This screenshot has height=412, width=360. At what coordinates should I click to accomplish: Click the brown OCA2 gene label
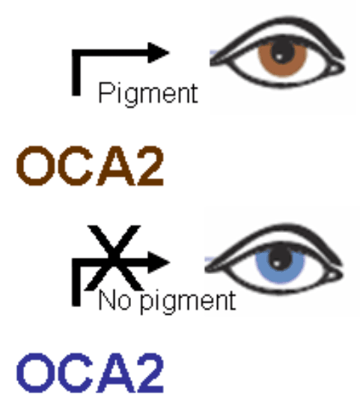(x=90, y=166)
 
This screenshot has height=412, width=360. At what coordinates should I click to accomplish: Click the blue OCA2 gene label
(x=90, y=373)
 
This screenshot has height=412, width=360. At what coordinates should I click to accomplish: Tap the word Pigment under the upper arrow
(x=148, y=94)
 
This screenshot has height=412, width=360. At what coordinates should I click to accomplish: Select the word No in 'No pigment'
(x=115, y=301)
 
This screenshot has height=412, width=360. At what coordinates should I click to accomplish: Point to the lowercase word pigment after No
(x=188, y=302)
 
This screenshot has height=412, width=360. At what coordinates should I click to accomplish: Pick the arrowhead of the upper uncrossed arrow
(x=159, y=53)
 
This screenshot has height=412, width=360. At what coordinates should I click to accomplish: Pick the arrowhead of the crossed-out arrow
(x=159, y=262)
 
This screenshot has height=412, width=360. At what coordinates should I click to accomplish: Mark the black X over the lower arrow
(x=114, y=258)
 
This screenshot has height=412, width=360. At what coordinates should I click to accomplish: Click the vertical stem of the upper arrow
(x=76, y=72)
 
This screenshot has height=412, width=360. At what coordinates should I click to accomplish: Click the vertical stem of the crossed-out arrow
(x=76, y=282)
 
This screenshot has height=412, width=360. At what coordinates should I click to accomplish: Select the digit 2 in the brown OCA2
(x=150, y=166)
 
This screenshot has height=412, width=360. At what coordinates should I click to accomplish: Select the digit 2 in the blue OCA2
(x=150, y=373)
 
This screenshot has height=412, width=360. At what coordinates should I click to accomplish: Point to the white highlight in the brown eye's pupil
(x=279, y=57)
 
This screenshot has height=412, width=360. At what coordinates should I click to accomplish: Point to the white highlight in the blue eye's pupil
(x=276, y=262)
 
